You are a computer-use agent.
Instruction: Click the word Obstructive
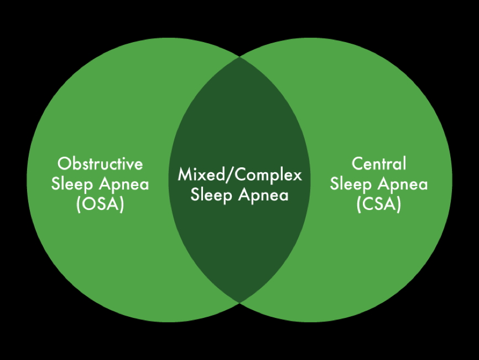point(100,164)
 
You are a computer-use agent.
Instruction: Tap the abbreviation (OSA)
point(100,204)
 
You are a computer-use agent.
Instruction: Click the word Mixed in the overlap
point(196,175)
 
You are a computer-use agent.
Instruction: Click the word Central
point(379,164)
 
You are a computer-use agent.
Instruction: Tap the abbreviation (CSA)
point(379,204)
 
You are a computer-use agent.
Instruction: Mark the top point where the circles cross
point(239,56)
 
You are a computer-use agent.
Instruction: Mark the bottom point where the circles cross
point(239,302)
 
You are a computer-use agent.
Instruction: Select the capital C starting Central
point(357,164)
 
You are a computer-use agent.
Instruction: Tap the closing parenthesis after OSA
point(122,204)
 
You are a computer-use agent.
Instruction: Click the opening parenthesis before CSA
point(358,204)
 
